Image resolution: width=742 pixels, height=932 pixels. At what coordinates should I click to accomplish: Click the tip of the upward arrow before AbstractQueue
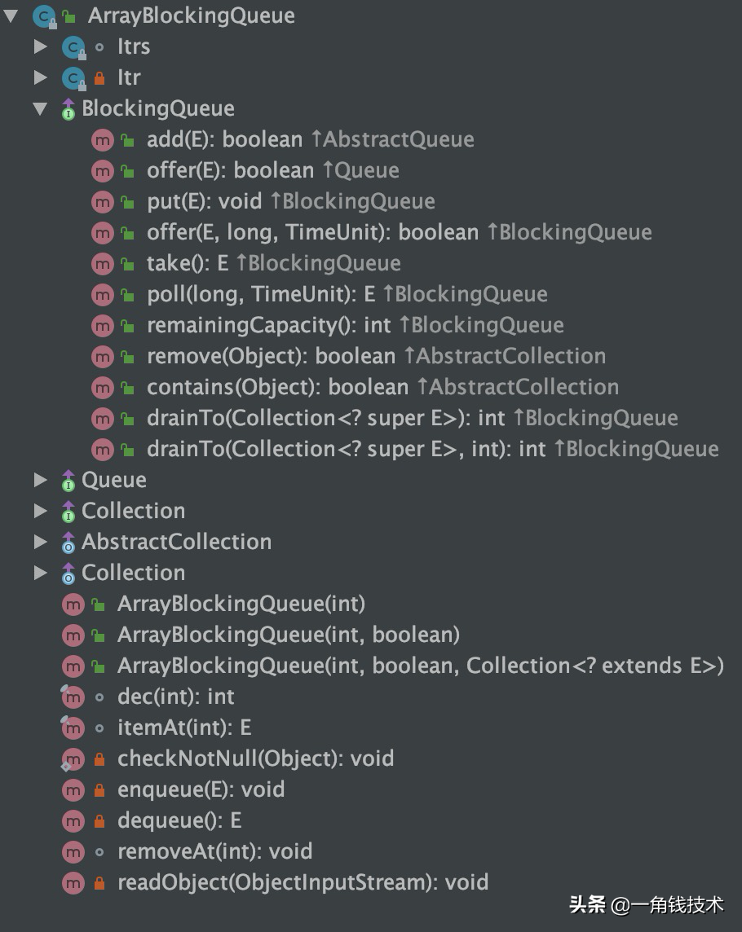click(x=316, y=131)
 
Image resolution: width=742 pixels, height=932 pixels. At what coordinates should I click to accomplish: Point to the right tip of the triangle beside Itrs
click(x=47, y=46)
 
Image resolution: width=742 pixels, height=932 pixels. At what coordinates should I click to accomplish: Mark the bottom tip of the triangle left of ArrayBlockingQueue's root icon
click(x=11, y=23)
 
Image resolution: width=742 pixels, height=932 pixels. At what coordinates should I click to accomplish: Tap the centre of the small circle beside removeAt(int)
click(x=99, y=852)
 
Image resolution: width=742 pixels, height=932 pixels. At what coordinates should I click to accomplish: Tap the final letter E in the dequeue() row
click(x=236, y=821)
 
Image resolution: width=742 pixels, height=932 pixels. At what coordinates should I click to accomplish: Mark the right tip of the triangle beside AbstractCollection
click(x=47, y=542)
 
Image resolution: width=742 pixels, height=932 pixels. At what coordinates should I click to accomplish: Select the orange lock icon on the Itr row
click(x=99, y=78)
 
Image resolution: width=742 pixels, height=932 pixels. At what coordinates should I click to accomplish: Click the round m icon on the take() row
click(x=103, y=263)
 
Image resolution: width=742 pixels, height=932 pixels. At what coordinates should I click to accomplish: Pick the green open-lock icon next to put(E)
click(x=127, y=202)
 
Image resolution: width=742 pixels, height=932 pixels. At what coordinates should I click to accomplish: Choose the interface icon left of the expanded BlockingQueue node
click(x=68, y=109)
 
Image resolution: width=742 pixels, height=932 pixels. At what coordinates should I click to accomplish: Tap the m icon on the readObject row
click(x=73, y=882)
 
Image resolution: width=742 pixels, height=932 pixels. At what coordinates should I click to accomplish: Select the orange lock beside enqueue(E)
click(x=99, y=790)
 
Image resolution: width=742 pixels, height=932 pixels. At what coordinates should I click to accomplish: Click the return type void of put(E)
click(x=240, y=201)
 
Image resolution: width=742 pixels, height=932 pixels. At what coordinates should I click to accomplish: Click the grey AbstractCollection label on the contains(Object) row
click(x=523, y=387)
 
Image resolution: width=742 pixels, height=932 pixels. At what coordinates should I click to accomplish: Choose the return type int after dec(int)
click(x=221, y=697)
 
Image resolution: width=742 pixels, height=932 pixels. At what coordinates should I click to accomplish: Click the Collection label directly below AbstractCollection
click(x=133, y=573)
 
